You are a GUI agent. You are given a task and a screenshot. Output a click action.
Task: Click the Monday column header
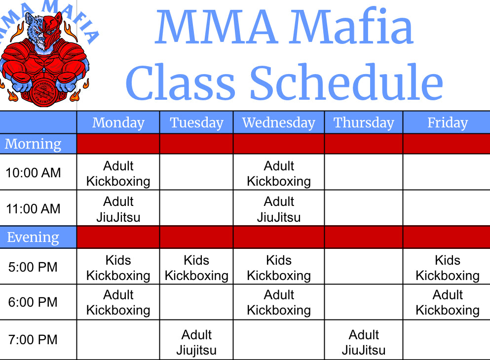click(x=118, y=122)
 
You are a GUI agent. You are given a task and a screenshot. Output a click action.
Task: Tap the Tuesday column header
click(x=196, y=122)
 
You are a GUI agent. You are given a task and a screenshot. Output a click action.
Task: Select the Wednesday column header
click(x=279, y=122)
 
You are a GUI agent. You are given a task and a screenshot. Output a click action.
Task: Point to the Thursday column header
click(x=364, y=122)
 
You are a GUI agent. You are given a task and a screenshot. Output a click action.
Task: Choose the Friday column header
click(x=448, y=122)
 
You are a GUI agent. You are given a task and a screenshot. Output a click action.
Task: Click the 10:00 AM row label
click(x=33, y=173)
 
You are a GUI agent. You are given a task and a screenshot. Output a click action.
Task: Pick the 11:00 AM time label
click(x=33, y=208)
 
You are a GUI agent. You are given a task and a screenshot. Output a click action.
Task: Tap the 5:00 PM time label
click(x=33, y=267)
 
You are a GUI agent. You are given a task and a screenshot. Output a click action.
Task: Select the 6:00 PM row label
click(x=33, y=302)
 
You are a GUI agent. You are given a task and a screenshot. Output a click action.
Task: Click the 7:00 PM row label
click(x=33, y=340)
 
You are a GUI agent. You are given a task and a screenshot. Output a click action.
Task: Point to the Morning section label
click(x=33, y=144)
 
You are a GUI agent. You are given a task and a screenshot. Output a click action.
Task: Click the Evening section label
click(x=33, y=237)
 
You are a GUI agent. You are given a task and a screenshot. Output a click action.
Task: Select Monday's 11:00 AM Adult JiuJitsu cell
click(x=118, y=209)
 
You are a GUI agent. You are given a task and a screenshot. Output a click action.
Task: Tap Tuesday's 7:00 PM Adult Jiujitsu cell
click(x=196, y=343)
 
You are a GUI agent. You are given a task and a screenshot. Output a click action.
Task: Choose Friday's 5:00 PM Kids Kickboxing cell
click(x=448, y=268)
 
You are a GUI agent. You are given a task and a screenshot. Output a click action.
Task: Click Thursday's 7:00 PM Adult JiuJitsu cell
click(x=364, y=343)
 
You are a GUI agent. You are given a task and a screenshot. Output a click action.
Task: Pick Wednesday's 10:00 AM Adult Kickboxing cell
click(x=279, y=173)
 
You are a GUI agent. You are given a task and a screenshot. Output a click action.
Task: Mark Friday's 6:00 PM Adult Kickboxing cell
click(x=448, y=302)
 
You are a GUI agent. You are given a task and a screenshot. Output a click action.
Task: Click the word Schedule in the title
click(x=346, y=81)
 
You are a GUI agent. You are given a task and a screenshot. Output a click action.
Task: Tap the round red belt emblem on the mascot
click(x=44, y=93)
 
